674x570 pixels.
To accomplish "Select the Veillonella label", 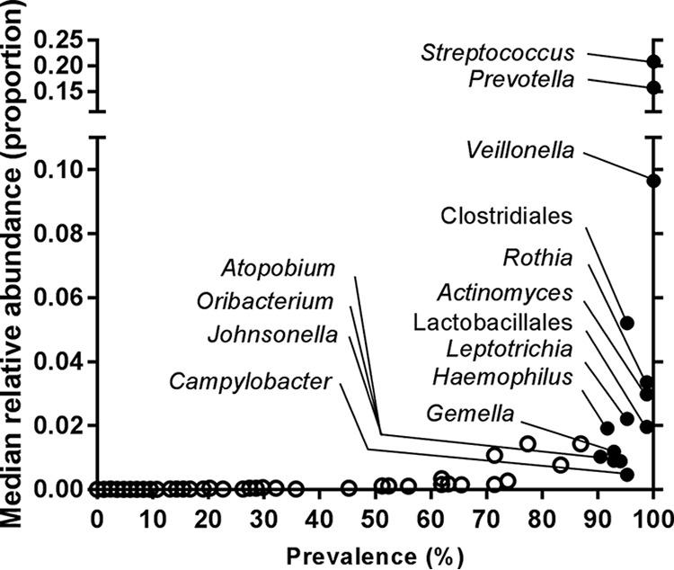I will click(x=521, y=150).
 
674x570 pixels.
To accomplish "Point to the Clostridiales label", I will click(x=507, y=216).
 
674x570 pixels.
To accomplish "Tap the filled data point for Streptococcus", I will click(x=653, y=61).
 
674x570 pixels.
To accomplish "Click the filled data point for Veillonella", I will click(x=653, y=181).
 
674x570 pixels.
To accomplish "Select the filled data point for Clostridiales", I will click(x=627, y=323).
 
